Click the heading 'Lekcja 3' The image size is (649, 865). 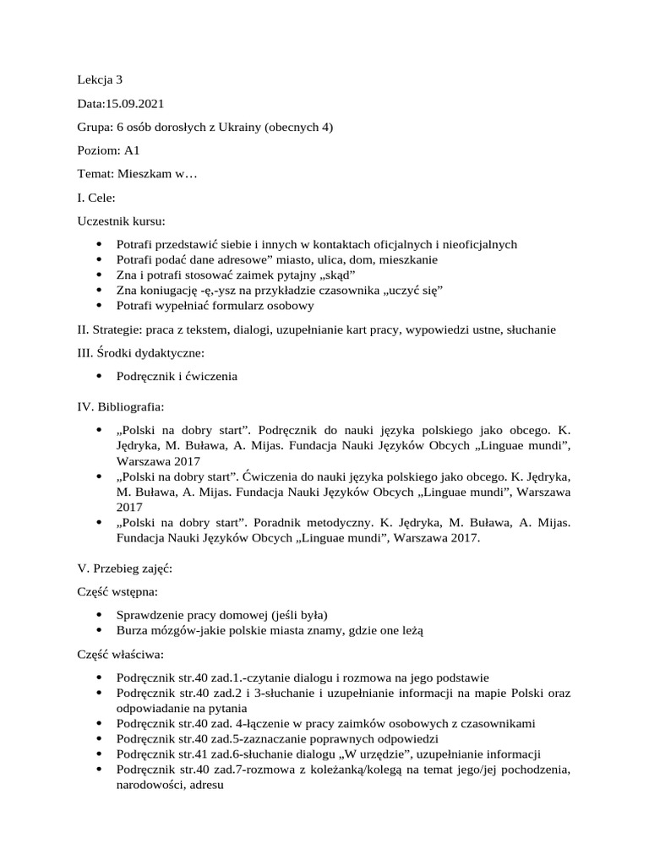pos(100,80)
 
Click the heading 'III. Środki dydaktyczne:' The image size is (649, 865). pos(141,353)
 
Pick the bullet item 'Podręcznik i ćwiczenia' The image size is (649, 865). pos(177,376)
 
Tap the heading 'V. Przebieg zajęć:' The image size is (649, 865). pos(124,569)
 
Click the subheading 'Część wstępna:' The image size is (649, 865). pos(117,592)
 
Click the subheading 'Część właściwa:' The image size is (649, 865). pos(120,654)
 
